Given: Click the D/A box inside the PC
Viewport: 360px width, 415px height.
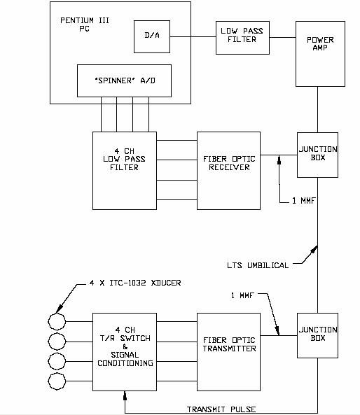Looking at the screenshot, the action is click(152, 37).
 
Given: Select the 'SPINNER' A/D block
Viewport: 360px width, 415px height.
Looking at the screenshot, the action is click(124, 80).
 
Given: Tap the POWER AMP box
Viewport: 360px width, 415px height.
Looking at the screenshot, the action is click(320, 54).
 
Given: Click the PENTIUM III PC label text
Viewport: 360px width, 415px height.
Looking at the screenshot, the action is click(85, 24).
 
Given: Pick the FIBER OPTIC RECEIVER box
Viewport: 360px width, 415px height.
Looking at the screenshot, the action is click(228, 171).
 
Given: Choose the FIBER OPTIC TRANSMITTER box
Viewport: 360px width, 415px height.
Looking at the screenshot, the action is click(228, 352).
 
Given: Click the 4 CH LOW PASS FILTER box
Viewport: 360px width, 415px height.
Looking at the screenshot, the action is click(125, 171).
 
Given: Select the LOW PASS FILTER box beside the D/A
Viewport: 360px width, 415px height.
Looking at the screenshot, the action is click(242, 38).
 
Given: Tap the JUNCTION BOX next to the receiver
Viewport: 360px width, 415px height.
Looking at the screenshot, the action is click(317, 155).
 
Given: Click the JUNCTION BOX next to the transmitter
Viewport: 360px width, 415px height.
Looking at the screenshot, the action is click(317, 336).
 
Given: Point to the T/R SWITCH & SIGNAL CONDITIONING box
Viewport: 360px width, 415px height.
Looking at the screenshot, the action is click(125, 352).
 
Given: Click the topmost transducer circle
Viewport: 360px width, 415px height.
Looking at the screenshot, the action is click(57, 321).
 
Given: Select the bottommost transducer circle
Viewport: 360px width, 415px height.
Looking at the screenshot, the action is click(57, 381).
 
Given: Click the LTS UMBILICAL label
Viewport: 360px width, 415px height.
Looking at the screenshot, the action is click(258, 265).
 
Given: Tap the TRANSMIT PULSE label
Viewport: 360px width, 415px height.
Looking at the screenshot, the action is click(221, 409).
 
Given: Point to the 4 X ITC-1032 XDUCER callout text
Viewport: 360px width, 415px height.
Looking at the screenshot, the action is click(135, 283).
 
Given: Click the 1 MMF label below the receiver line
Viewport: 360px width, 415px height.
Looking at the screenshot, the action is click(303, 201).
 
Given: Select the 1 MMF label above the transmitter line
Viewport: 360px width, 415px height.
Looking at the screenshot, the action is click(242, 295).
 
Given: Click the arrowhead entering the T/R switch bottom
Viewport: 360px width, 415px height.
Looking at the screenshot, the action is click(125, 395).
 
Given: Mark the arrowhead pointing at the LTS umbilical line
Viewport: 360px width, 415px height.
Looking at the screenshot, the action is click(314, 250).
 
